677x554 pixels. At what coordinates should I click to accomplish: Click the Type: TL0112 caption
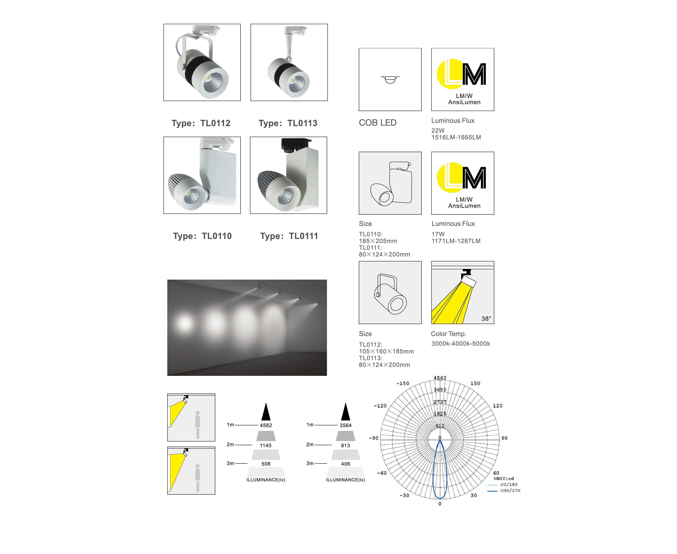coord(201,123)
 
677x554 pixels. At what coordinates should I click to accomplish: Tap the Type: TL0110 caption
coord(202,236)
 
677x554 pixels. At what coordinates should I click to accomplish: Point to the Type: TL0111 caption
coord(289,236)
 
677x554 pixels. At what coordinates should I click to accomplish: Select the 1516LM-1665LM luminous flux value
coord(456,138)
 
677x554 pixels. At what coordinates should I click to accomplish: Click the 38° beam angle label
coord(486,318)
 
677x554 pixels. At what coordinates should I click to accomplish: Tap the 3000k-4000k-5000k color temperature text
coord(461,344)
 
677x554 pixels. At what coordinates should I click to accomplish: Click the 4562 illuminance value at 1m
coord(266,425)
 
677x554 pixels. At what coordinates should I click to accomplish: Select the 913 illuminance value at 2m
coord(346,446)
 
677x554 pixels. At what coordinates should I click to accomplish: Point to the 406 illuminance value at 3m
coord(346,464)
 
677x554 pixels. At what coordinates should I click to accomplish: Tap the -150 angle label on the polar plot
coord(403,383)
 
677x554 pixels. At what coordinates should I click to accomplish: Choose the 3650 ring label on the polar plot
coord(440,390)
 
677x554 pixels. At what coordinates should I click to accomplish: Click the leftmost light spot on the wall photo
coord(184,323)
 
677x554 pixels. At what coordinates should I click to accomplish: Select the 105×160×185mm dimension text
coord(386,351)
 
